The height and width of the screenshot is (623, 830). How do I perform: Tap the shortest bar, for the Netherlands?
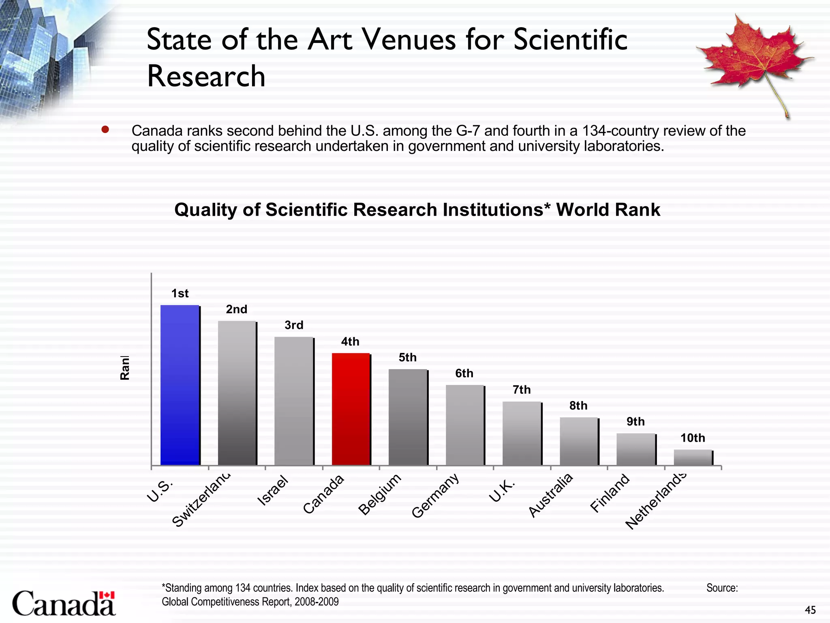(693, 457)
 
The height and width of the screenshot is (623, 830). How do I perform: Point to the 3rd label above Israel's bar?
(294, 325)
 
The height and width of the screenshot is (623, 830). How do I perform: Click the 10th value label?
(693, 438)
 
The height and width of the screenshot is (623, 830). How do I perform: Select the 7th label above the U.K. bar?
(522, 390)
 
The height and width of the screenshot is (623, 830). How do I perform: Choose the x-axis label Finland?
(610, 493)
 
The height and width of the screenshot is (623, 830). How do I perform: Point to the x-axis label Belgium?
(380, 494)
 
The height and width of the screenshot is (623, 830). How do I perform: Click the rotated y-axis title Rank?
(125, 368)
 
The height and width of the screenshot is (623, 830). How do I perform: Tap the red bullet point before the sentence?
(105, 130)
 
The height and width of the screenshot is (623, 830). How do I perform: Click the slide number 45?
(810, 610)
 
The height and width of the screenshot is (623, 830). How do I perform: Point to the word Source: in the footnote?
(722, 588)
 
